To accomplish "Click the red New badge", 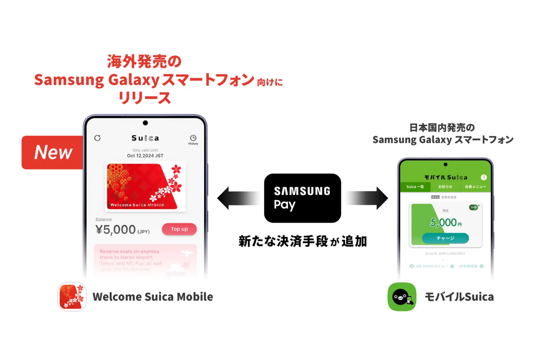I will click(53, 152).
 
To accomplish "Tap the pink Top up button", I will click(179, 229).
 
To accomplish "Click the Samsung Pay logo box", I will click(302, 198).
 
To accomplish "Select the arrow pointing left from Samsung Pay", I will click(238, 198).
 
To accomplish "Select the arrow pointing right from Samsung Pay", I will click(367, 198).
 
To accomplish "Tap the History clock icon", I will click(193, 138).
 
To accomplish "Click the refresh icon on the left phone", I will click(98, 138).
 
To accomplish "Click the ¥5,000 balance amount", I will click(116, 229).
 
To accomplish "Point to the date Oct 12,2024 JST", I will click(145, 156).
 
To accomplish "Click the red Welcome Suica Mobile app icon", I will click(72, 297).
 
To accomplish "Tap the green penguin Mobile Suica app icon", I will click(402, 297).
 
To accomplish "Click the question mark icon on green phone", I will click(484, 177).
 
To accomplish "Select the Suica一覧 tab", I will click(415, 187).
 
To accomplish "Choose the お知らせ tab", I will click(445, 187).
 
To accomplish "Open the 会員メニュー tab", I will click(475, 187).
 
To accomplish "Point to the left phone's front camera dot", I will click(145, 123).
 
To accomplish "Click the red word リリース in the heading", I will click(144, 98).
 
